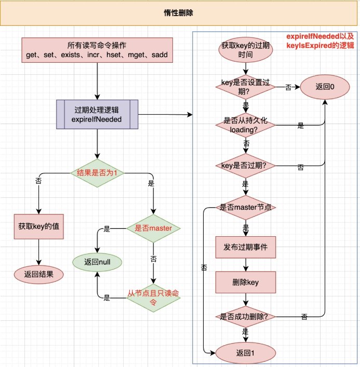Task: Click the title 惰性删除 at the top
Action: point(180,13)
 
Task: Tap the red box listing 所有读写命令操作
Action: point(97,50)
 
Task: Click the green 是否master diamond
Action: point(154,228)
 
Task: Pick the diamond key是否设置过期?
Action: point(245,87)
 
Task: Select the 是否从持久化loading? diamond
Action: point(245,126)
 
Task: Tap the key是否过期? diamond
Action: point(245,166)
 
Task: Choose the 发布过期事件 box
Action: point(245,247)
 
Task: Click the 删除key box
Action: point(245,282)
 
